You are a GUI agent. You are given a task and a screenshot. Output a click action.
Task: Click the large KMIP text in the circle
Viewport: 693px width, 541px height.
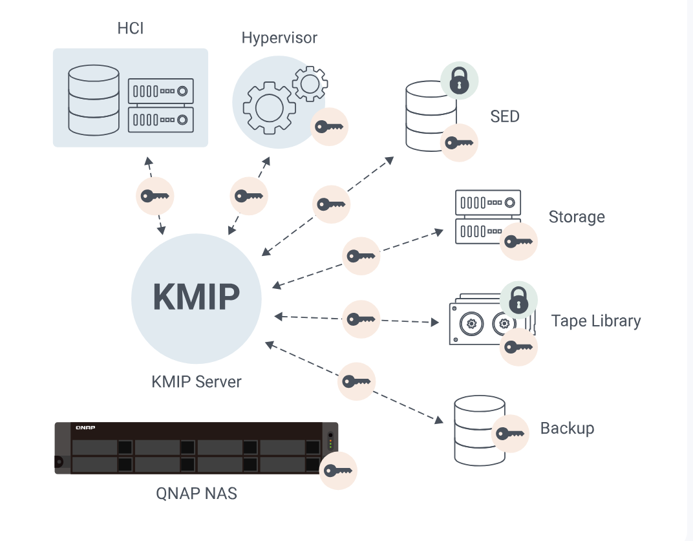coord(196,297)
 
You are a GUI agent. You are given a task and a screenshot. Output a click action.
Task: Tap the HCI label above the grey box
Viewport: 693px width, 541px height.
coord(131,28)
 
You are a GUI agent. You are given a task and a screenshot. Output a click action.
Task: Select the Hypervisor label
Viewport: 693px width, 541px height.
coord(279,37)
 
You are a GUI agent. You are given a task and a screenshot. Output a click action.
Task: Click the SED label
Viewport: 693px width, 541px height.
coord(505,116)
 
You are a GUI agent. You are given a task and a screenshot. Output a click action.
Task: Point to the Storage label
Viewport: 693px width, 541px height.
coord(577,217)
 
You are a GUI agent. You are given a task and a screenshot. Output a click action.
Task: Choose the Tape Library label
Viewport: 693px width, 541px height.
coord(596,321)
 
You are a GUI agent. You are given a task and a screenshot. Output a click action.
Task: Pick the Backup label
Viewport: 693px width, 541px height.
coord(567,428)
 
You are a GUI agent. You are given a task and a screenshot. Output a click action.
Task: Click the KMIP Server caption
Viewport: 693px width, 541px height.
coord(196,381)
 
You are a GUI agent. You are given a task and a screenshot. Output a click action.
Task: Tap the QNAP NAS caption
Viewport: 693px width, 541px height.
coord(197,494)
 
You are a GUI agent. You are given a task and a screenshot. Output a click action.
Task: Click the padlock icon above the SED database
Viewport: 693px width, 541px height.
coord(459,80)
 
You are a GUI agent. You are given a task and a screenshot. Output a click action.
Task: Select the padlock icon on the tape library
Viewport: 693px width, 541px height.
coord(518,300)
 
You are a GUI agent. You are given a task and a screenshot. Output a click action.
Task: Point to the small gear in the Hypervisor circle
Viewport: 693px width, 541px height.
coord(310,83)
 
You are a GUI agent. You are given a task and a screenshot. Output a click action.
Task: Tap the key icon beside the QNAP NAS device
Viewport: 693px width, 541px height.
coord(338,471)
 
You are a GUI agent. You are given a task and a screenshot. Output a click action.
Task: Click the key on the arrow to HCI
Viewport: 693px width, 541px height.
coord(155,196)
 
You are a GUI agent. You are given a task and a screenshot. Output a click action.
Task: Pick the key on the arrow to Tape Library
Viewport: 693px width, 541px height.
coord(361,319)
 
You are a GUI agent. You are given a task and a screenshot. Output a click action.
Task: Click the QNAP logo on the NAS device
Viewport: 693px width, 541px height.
coord(85,428)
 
